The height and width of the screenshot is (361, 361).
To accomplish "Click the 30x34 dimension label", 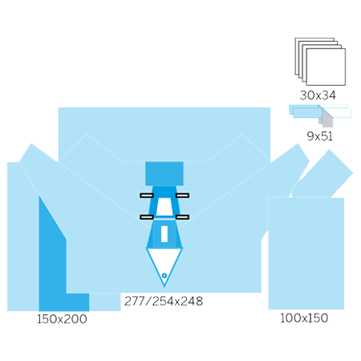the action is click(x=318, y=95).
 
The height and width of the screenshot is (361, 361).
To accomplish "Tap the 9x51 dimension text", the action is click(x=319, y=136).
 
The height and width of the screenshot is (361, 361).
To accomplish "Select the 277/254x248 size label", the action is click(x=164, y=301).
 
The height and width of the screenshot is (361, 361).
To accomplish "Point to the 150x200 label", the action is click(x=62, y=319).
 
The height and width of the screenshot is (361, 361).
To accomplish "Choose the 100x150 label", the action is click(x=304, y=318).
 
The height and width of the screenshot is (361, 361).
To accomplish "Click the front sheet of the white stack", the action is click(x=326, y=67).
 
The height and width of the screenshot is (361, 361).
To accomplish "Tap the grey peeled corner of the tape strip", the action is click(x=327, y=119).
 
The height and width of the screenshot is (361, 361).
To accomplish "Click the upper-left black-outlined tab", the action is click(x=147, y=196).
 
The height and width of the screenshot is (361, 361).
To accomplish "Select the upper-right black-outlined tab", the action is click(x=182, y=196).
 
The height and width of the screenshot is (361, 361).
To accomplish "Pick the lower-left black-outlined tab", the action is click(x=147, y=217).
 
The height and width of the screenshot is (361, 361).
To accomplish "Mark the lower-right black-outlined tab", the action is click(x=182, y=217).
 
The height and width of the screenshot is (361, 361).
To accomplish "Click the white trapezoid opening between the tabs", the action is click(x=164, y=207).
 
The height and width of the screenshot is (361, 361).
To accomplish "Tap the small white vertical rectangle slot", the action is click(x=164, y=234).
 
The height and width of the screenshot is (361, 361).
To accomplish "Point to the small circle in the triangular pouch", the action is click(x=164, y=275).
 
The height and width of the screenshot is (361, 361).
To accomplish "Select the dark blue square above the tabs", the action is click(x=164, y=173).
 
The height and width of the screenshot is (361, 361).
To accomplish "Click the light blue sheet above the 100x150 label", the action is click(x=306, y=254).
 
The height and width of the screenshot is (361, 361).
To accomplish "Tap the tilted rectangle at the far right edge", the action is click(x=325, y=174).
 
